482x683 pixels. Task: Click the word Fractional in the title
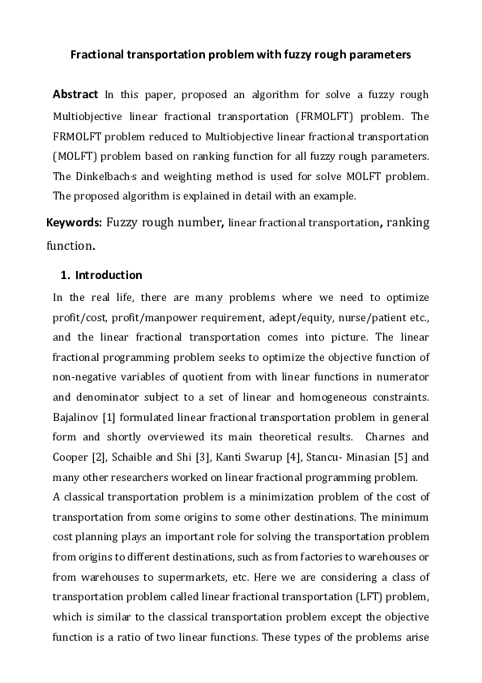point(98,55)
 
